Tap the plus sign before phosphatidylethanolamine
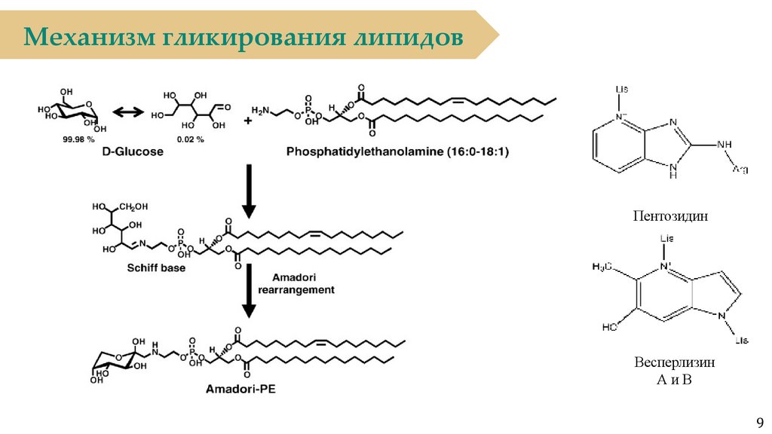(x=249, y=121)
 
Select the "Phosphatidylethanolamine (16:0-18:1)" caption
(x=397, y=151)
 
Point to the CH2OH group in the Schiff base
(x=133, y=206)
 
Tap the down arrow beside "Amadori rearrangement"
(x=249, y=298)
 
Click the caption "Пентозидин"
(x=671, y=216)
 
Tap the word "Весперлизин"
(x=675, y=362)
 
